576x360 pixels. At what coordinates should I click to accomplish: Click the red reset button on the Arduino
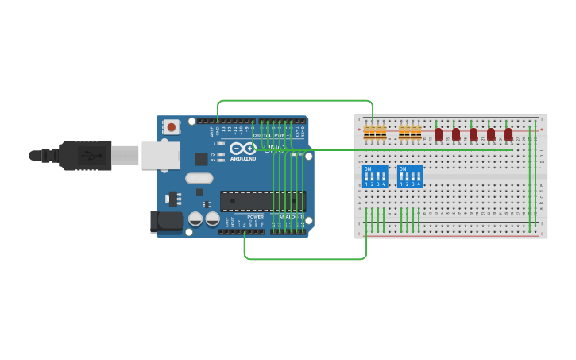coord(171,126)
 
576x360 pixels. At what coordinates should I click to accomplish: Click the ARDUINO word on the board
coord(244,158)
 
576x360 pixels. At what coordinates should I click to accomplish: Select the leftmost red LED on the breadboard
coord(439,134)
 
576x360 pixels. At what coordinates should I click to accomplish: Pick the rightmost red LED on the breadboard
coord(508,134)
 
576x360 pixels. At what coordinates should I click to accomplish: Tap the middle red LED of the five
coord(474,134)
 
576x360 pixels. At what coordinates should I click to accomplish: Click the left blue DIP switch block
coord(375,176)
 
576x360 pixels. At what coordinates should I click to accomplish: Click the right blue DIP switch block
coord(410,176)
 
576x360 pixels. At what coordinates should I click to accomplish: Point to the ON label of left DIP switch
coord(368,169)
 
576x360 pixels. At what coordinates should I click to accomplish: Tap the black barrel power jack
coord(164,221)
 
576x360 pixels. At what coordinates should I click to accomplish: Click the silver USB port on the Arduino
coord(160,155)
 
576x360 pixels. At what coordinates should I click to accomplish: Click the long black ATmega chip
coord(262,201)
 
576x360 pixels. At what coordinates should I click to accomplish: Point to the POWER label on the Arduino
coord(255,216)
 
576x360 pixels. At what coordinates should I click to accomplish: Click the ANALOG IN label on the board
coord(291,216)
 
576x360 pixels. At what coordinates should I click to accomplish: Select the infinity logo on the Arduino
coord(242,148)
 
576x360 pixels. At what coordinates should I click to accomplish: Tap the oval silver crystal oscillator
coord(199,178)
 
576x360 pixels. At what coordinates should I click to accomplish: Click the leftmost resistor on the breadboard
coord(366,132)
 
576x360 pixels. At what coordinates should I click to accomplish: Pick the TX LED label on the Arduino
coord(212,154)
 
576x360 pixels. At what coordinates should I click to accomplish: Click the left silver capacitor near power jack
coord(195,219)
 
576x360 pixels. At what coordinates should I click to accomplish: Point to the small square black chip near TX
coord(202,159)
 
